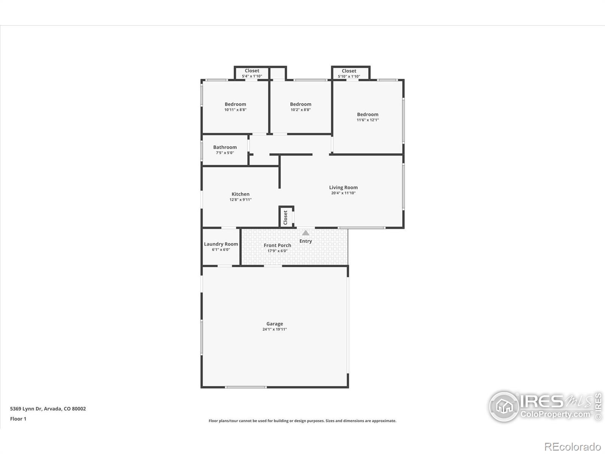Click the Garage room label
tap(275, 324)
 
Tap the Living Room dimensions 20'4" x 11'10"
tap(343, 193)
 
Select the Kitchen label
tap(240, 194)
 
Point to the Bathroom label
tap(225, 147)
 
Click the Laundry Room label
tap(221, 244)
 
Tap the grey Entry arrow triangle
tap(306, 233)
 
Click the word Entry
tap(306, 241)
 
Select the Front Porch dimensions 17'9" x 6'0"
tap(278, 251)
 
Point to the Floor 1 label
tap(18, 419)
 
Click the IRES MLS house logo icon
tap(504, 407)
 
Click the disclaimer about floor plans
tap(302, 421)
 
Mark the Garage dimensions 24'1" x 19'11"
tap(275, 330)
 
